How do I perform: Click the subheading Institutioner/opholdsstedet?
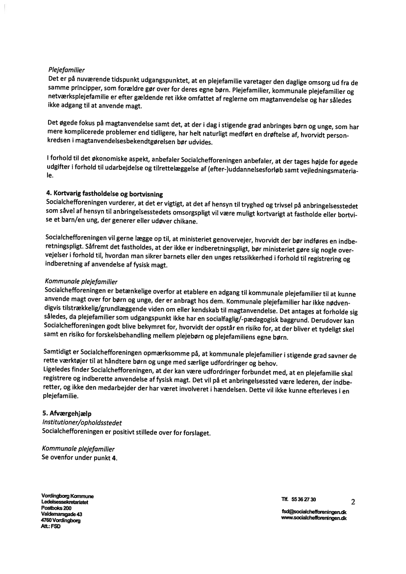click(x=82, y=422)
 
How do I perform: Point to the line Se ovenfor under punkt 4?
click(x=80, y=458)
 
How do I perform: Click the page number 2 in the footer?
click(x=353, y=502)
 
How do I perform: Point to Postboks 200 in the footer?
click(x=56, y=508)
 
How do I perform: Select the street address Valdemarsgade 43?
click(x=61, y=514)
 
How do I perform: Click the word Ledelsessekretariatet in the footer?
click(x=65, y=502)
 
